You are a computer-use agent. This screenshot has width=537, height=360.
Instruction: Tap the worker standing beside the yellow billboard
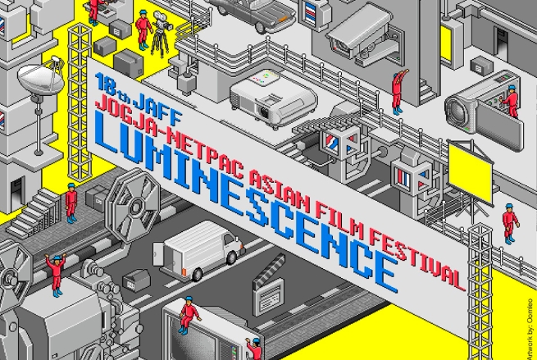click(x=510, y=222)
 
